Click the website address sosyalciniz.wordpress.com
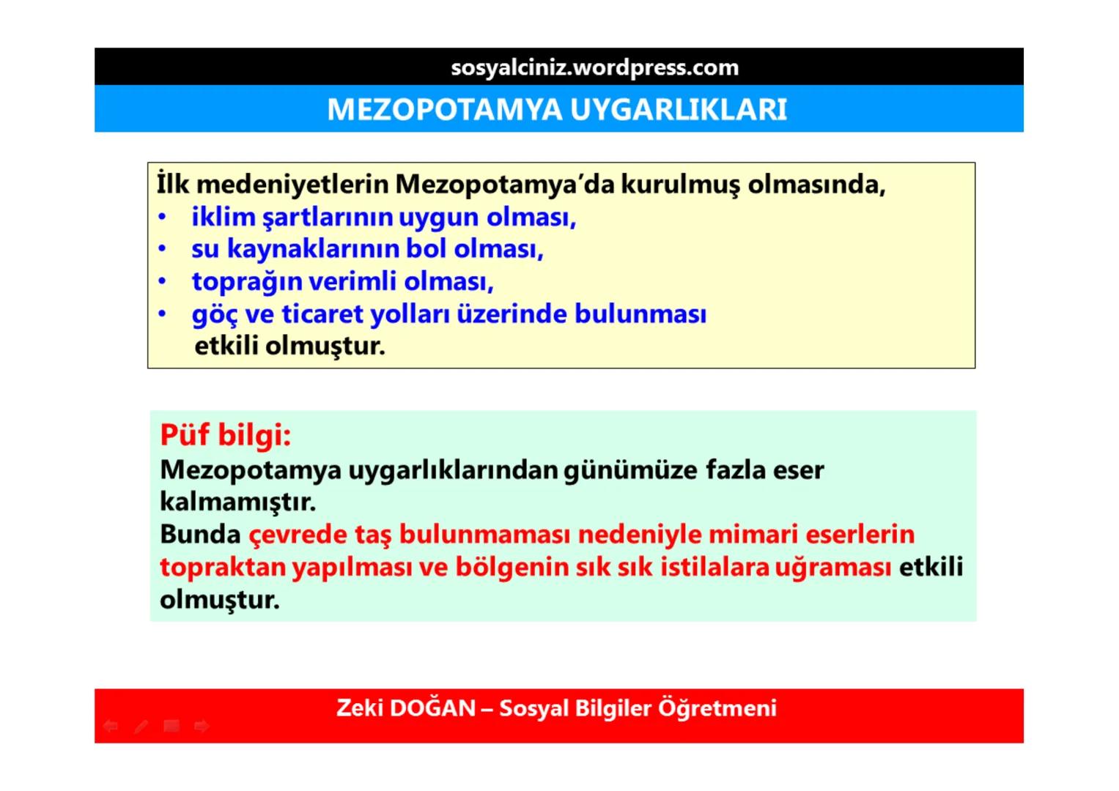click(x=594, y=67)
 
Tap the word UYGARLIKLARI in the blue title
click(x=678, y=110)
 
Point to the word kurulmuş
click(x=680, y=185)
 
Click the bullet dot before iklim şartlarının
click(x=163, y=218)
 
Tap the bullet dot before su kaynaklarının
click(x=163, y=250)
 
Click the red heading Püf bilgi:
click(x=225, y=435)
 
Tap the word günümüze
click(x=630, y=469)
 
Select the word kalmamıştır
click(x=237, y=502)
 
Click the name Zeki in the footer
click(x=359, y=708)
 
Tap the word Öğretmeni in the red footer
click(x=717, y=708)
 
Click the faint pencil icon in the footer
click(x=141, y=726)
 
